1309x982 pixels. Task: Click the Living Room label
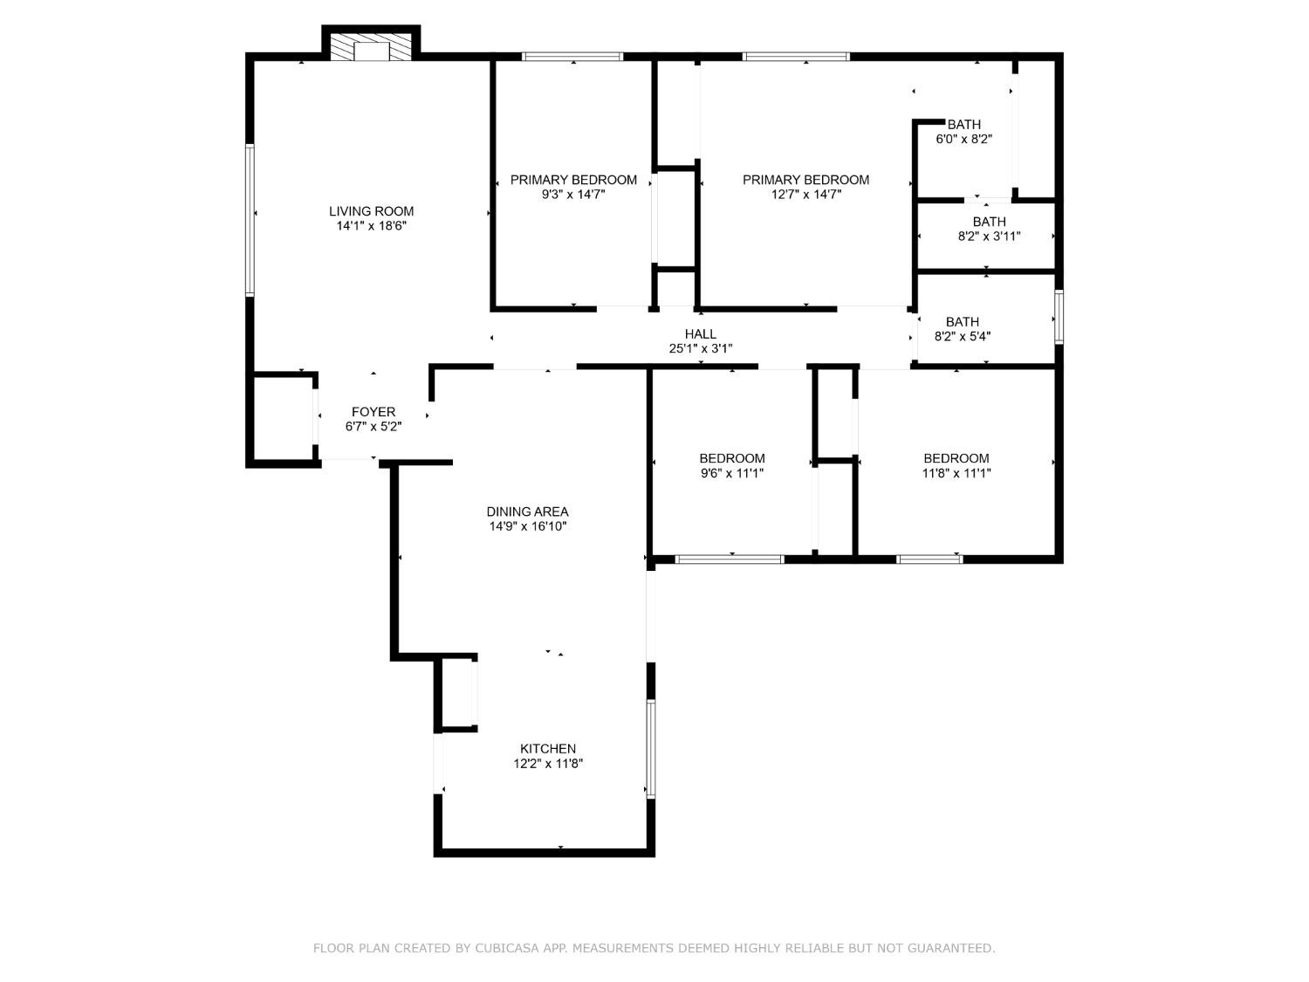point(371,211)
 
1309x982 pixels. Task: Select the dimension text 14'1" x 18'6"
point(371,226)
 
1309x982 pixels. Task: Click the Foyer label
point(373,412)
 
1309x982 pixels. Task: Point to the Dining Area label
point(527,512)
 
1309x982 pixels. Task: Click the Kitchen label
point(547,749)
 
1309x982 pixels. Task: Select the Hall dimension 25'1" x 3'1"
point(700,349)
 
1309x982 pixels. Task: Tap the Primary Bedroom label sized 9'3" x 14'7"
point(573,180)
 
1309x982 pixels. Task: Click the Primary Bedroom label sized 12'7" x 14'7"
point(805,180)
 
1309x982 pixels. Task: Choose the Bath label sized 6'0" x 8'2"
point(963,125)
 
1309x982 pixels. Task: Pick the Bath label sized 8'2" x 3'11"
point(989,222)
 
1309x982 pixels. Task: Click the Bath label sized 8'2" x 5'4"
point(962,322)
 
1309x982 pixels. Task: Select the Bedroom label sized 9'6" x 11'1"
point(731,458)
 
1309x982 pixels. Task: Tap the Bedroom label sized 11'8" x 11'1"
point(956,458)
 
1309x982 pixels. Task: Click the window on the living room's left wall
point(250,220)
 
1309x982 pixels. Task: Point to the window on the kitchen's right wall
point(650,748)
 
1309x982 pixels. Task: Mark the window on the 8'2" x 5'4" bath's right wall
point(1059,317)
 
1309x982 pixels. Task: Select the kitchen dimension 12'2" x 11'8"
point(547,764)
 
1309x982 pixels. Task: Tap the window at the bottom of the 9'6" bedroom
point(730,559)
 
